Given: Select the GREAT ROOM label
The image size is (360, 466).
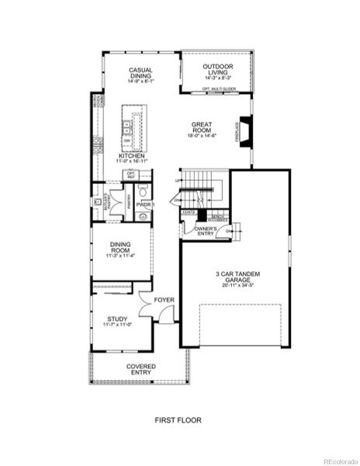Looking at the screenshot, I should click(x=202, y=127).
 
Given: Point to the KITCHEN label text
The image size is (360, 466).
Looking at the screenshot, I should click(x=131, y=155).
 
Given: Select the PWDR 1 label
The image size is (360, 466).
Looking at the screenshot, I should click(x=145, y=204).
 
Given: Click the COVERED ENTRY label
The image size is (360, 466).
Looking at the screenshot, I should click(x=140, y=369).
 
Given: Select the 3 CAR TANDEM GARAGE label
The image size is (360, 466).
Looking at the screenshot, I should click(x=234, y=277).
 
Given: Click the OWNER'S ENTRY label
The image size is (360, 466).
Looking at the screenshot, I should click(x=205, y=231).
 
